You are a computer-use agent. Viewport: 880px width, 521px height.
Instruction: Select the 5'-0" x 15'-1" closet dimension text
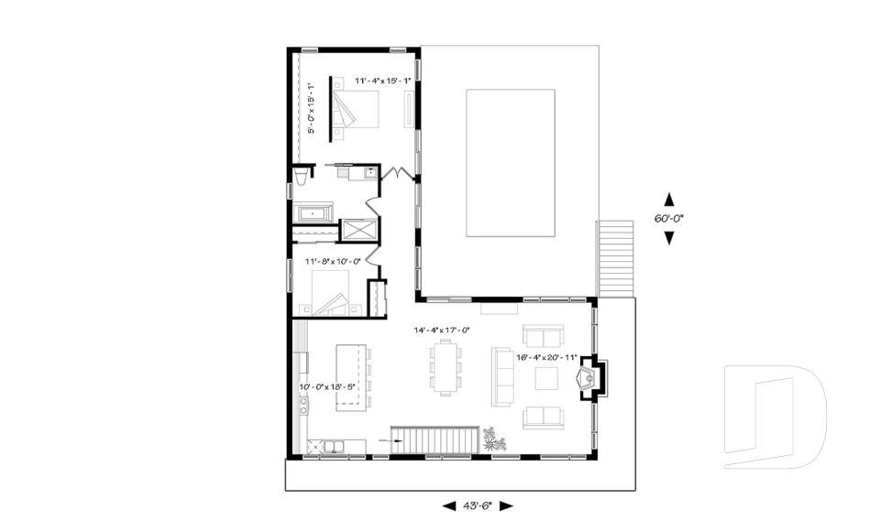[312, 109]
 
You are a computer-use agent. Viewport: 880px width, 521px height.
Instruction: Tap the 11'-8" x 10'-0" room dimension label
[334, 261]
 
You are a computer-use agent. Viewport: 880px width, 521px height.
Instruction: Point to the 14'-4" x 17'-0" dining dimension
[442, 330]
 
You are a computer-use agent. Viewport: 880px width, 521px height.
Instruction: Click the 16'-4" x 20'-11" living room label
[547, 357]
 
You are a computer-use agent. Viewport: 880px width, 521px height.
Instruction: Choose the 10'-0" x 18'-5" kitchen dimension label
[326, 386]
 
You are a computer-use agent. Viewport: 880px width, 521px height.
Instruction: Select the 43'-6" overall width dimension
[477, 505]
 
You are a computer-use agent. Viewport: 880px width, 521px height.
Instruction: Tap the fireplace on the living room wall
[587, 377]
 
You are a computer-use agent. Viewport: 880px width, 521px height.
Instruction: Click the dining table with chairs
[445, 367]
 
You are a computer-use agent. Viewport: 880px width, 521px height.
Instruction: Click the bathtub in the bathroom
[315, 213]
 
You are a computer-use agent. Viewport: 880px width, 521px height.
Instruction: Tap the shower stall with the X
[357, 229]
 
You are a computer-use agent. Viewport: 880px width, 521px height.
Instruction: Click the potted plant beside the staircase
[496, 439]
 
